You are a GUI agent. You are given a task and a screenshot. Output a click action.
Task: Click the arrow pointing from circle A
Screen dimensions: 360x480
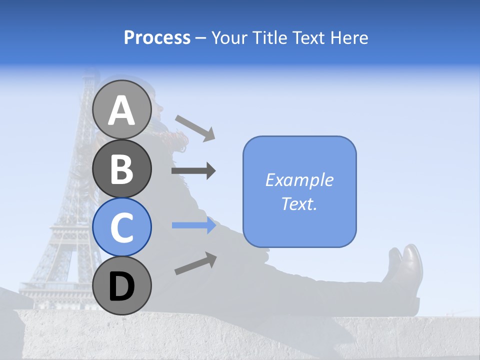coord(195,127)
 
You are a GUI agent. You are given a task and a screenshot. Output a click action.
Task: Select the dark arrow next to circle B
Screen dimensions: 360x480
coord(193,171)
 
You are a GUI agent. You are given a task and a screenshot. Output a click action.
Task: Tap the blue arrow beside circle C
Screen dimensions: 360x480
coord(193,225)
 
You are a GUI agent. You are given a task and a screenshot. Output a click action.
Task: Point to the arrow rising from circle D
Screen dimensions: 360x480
coord(195,263)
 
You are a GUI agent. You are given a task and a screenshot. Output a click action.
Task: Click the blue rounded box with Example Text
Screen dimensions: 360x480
coord(299,192)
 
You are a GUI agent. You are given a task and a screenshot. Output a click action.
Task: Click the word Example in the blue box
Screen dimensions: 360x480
coord(299,180)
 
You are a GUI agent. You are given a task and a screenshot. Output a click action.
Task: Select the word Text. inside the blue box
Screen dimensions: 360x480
coord(299,204)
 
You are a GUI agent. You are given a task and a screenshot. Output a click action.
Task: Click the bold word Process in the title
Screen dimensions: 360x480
coord(157,37)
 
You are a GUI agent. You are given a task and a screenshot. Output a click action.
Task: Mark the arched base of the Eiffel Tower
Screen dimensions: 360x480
coord(55,270)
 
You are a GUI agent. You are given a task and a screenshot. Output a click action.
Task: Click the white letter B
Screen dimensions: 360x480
coord(121,169)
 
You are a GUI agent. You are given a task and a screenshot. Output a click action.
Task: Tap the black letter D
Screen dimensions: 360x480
coord(121,286)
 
